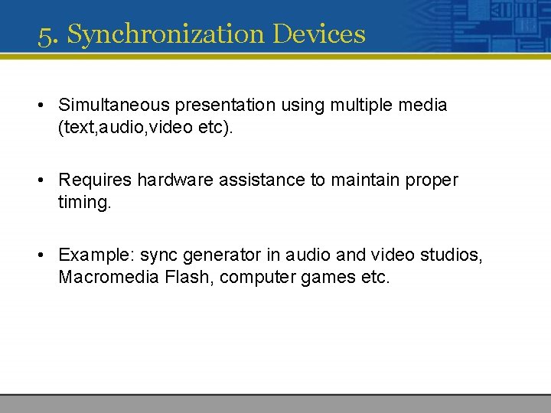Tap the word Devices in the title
(319, 34)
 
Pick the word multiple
(361, 105)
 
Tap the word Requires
(95, 180)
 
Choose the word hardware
(174, 180)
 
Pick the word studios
(454, 256)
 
